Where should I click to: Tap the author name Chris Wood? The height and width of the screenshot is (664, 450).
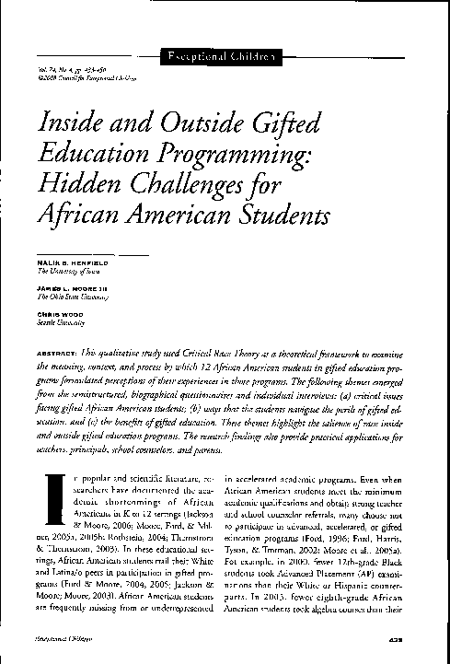[x=55, y=313]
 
